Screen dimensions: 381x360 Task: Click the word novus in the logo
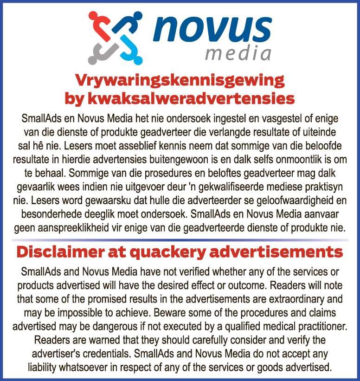[x=212, y=28]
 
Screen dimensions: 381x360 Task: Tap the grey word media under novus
[x=238, y=53]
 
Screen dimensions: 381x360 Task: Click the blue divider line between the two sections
[x=180, y=239]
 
